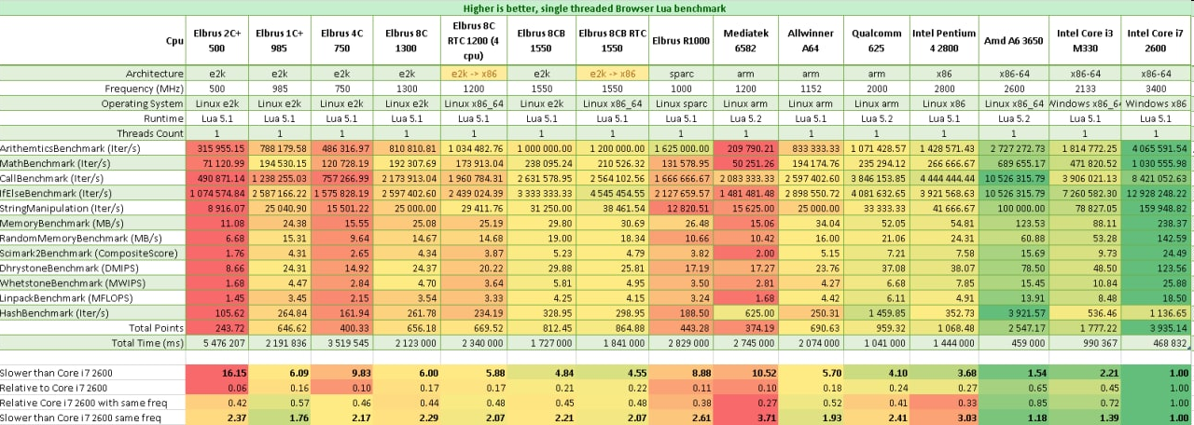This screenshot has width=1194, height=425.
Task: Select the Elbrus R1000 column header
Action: point(681,40)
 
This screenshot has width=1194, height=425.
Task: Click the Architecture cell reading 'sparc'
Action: point(681,73)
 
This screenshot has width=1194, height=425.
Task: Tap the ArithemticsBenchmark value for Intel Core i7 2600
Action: point(1157,147)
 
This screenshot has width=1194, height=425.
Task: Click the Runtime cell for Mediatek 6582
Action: point(746,117)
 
